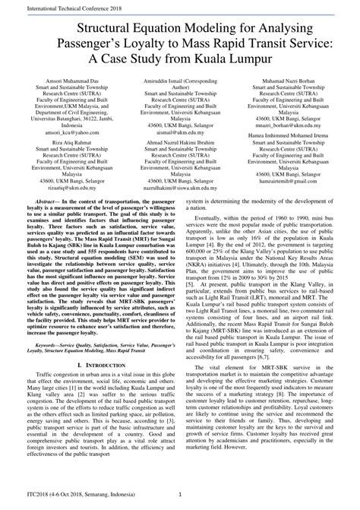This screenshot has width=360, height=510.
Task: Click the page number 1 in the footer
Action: [x=180, y=499]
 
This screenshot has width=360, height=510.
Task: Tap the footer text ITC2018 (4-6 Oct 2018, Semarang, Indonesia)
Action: [x=65, y=499]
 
